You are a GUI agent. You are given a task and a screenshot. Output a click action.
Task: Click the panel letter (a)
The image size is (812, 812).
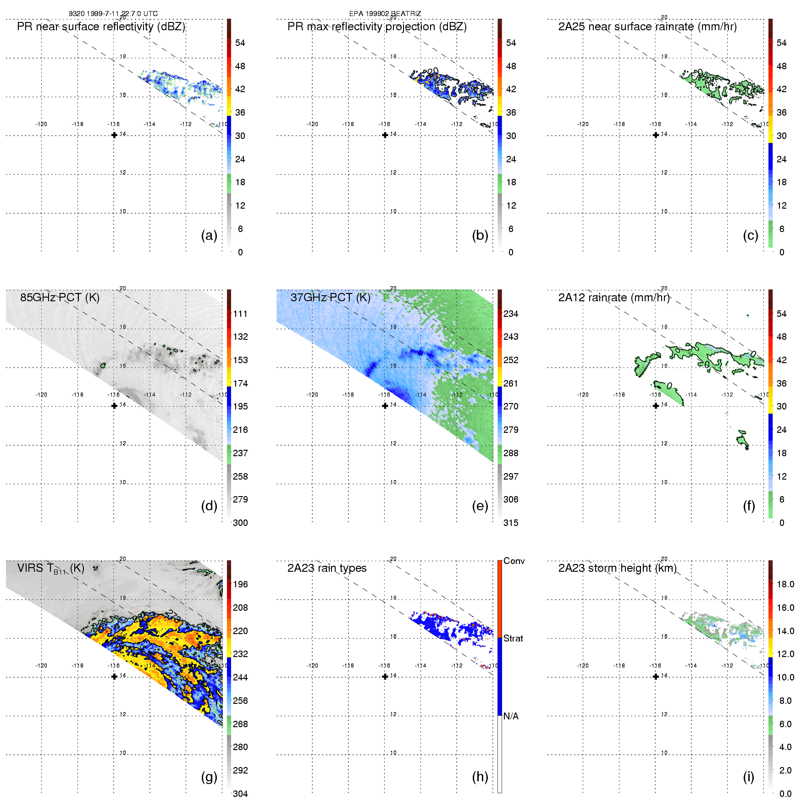click(x=209, y=236)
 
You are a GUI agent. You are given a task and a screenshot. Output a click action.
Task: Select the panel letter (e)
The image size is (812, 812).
click(x=480, y=506)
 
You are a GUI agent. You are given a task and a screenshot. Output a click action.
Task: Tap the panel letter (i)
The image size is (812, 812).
click(x=748, y=777)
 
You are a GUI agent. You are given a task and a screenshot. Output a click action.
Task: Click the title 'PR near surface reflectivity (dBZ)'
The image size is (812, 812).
click(x=101, y=27)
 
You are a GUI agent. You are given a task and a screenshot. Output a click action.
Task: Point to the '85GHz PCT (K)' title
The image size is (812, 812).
click(x=60, y=298)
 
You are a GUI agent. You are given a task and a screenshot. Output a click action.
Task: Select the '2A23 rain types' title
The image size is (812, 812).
click(x=327, y=568)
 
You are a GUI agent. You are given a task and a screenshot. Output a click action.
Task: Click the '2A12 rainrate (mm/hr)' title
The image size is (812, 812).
click(x=614, y=298)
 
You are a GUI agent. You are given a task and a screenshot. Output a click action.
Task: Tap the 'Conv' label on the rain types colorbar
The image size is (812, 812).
click(x=514, y=561)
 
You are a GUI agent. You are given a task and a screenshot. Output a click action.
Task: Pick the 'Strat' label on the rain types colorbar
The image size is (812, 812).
click(x=513, y=638)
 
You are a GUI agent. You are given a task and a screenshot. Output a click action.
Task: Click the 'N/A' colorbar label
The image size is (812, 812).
click(x=511, y=716)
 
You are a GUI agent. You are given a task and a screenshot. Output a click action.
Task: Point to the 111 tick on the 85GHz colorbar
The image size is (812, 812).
click(x=240, y=314)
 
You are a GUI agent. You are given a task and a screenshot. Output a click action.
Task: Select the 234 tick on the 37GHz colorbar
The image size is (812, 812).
click(x=511, y=314)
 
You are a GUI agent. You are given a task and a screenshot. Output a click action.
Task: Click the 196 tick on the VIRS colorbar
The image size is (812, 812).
click(x=240, y=584)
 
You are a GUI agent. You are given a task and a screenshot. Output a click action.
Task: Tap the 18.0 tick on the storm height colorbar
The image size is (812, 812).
click(x=785, y=584)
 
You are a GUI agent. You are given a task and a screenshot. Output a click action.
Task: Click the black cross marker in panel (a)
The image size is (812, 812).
click(x=114, y=135)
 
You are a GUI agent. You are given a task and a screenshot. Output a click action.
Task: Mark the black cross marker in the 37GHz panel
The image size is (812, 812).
click(x=385, y=406)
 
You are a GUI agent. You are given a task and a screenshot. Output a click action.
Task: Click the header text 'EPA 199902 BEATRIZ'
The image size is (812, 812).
click(x=385, y=14)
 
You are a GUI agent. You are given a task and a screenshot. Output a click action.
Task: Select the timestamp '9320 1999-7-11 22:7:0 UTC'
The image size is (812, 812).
click(x=113, y=14)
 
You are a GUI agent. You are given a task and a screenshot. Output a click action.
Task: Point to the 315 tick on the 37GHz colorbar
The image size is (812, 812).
click(x=511, y=523)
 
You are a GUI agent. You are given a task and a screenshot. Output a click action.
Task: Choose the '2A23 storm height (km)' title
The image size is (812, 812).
click(x=617, y=568)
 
